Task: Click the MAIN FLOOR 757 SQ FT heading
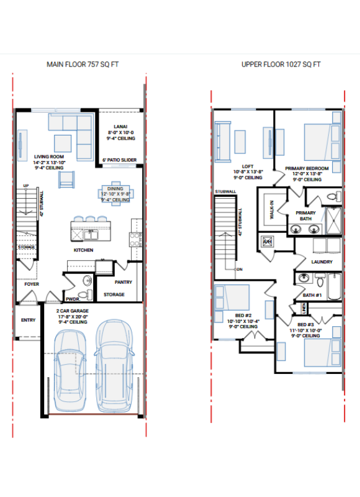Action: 83,64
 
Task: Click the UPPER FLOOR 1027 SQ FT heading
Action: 281,64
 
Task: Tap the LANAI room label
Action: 120,126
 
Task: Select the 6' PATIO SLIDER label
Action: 119,160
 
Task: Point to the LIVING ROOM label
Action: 49,157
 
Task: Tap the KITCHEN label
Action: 83,250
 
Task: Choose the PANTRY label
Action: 124,282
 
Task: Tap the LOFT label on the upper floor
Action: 248,166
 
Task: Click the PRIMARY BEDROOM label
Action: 307,168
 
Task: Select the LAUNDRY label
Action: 322,262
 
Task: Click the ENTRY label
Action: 28,320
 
